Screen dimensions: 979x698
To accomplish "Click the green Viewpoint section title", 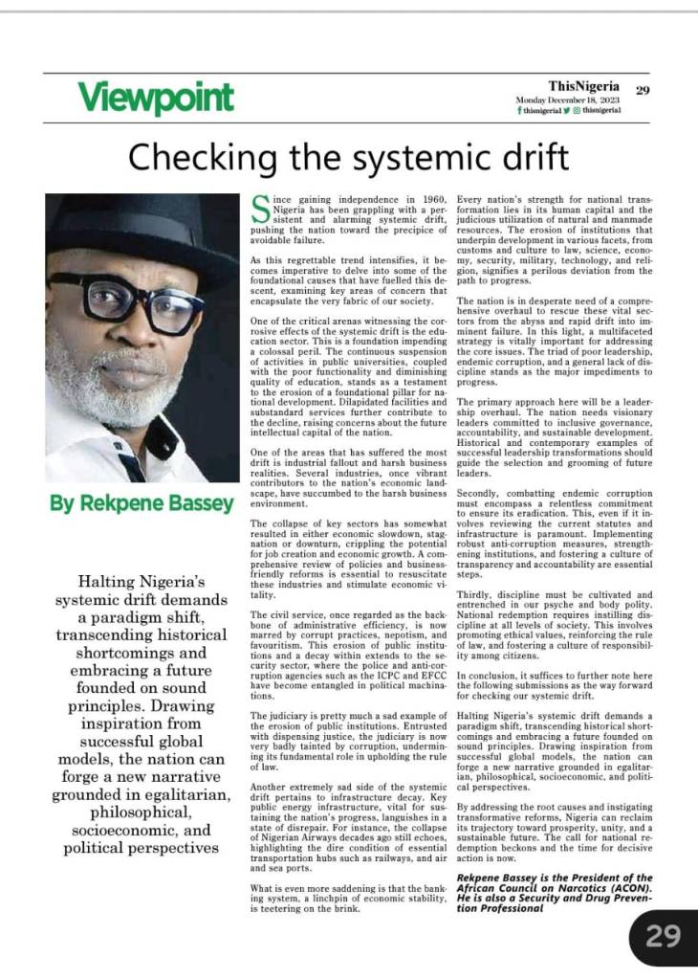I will point(156,97).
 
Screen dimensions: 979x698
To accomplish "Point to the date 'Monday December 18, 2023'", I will point(567,100).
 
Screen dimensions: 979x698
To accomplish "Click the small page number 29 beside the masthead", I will point(643,91).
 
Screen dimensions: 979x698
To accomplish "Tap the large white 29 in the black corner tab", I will point(663,935).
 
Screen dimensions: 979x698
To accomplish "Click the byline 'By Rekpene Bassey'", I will point(142,503).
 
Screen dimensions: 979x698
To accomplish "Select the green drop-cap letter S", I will point(256,208).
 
